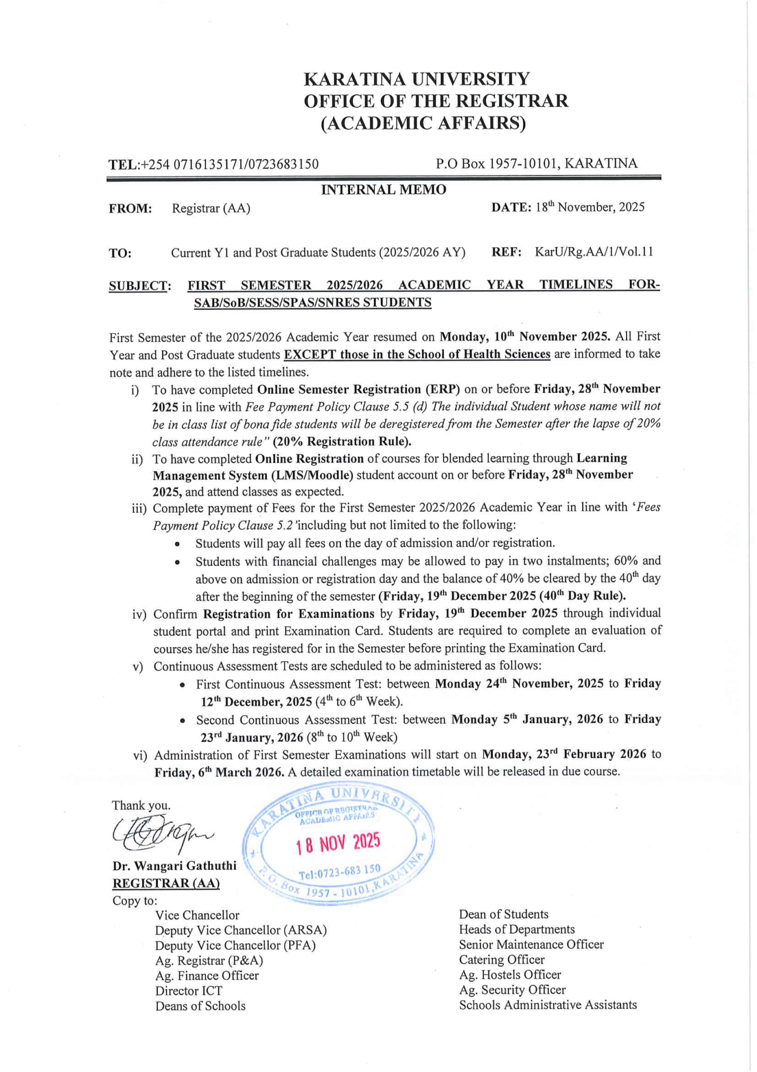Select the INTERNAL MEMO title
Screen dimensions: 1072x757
pyautogui.click(x=384, y=190)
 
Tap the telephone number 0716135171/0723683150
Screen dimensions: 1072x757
pyautogui.click(x=246, y=164)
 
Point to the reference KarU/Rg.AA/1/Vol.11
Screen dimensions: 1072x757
pyautogui.click(x=594, y=252)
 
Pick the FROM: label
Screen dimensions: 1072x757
pyautogui.click(x=130, y=209)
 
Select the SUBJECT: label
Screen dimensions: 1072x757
pyautogui.click(x=139, y=286)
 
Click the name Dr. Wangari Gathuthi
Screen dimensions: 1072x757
pyautogui.click(x=174, y=866)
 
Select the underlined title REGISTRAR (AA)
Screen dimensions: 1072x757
pyautogui.click(x=166, y=884)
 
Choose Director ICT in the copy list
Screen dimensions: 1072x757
pyautogui.click(x=189, y=991)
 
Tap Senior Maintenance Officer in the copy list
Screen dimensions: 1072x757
pyautogui.click(x=531, y=945)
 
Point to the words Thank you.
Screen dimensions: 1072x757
pyautogui.click(x=141, y=805)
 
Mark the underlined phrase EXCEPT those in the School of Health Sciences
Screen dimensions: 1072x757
pyautogui.click(x=417, y=354)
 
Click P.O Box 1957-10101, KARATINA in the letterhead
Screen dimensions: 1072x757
pyautogui.click(x=536, y=163)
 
